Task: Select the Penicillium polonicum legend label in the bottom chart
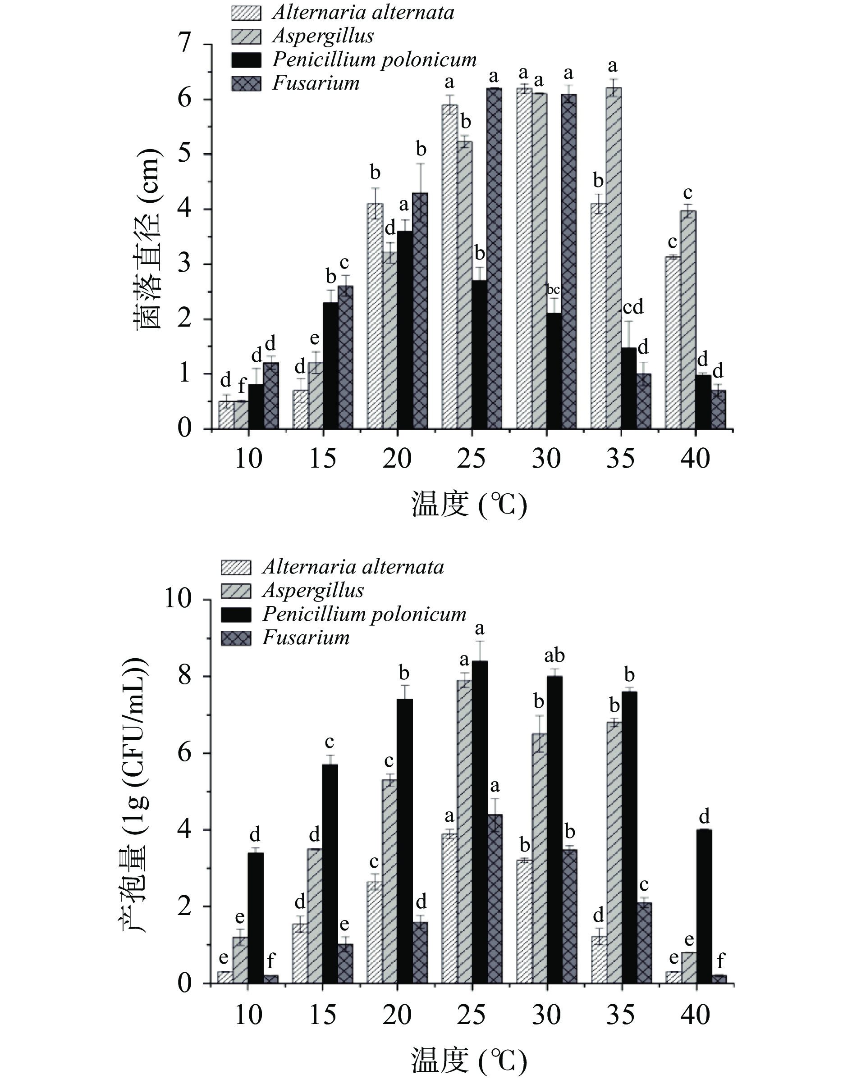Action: pyautogui.click(x=364, y=614)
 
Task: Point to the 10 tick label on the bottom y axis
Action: pyautogui.click(x=178, y=599)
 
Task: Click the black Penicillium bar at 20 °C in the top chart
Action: pyautogui.click(x=404, y=329)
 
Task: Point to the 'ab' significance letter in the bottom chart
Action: pyautogui.click(x=554, y=656)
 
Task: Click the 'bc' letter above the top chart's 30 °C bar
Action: pyautogui.click(x=553, y=290)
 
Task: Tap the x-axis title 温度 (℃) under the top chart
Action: pyautogui.click(x=468, y=505)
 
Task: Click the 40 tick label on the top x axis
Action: pyautogui.click(x=695, y=459)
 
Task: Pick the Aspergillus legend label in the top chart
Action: pyautogui.click(x=323, y=36)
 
